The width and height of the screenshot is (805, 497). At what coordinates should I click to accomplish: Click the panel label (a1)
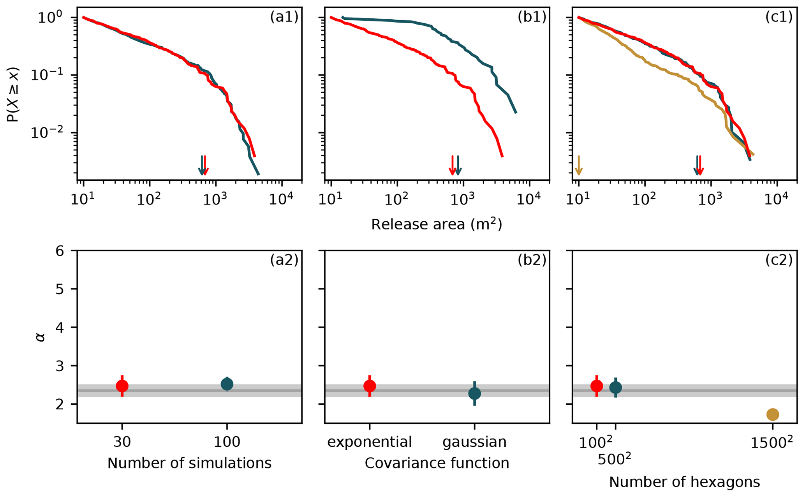coord(284,18)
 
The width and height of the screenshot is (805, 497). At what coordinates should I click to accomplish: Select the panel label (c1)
coord(779,18)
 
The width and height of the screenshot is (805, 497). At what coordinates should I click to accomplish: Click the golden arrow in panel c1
coord(579,166)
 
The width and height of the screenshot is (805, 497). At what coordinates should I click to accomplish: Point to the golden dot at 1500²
coord(773,414)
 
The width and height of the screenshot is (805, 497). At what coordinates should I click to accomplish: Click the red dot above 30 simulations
coord(122,386)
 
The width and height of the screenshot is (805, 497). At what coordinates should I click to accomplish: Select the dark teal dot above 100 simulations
coord(227,384)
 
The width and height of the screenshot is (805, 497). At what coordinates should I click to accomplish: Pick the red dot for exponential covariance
coord(370,386)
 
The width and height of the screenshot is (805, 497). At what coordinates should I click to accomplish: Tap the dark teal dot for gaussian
coord(474,393)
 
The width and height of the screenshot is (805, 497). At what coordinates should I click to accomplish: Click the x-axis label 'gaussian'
coord(474,442)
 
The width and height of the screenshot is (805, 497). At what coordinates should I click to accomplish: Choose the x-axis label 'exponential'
coord(369,442)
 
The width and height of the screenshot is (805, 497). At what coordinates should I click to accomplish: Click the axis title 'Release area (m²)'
coord(437,224)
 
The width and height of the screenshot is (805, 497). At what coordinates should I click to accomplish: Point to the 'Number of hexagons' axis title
coord(684,482)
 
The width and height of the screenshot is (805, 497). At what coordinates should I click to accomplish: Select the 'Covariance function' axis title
coord(437,463)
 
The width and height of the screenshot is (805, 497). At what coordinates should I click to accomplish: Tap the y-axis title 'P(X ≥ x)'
coord(13,95)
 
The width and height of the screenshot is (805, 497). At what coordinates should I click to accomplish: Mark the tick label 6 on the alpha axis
coord(60,251)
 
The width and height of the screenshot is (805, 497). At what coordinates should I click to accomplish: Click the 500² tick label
coord(614,459)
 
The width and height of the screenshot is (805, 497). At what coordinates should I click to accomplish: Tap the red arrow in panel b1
coord(452,166)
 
